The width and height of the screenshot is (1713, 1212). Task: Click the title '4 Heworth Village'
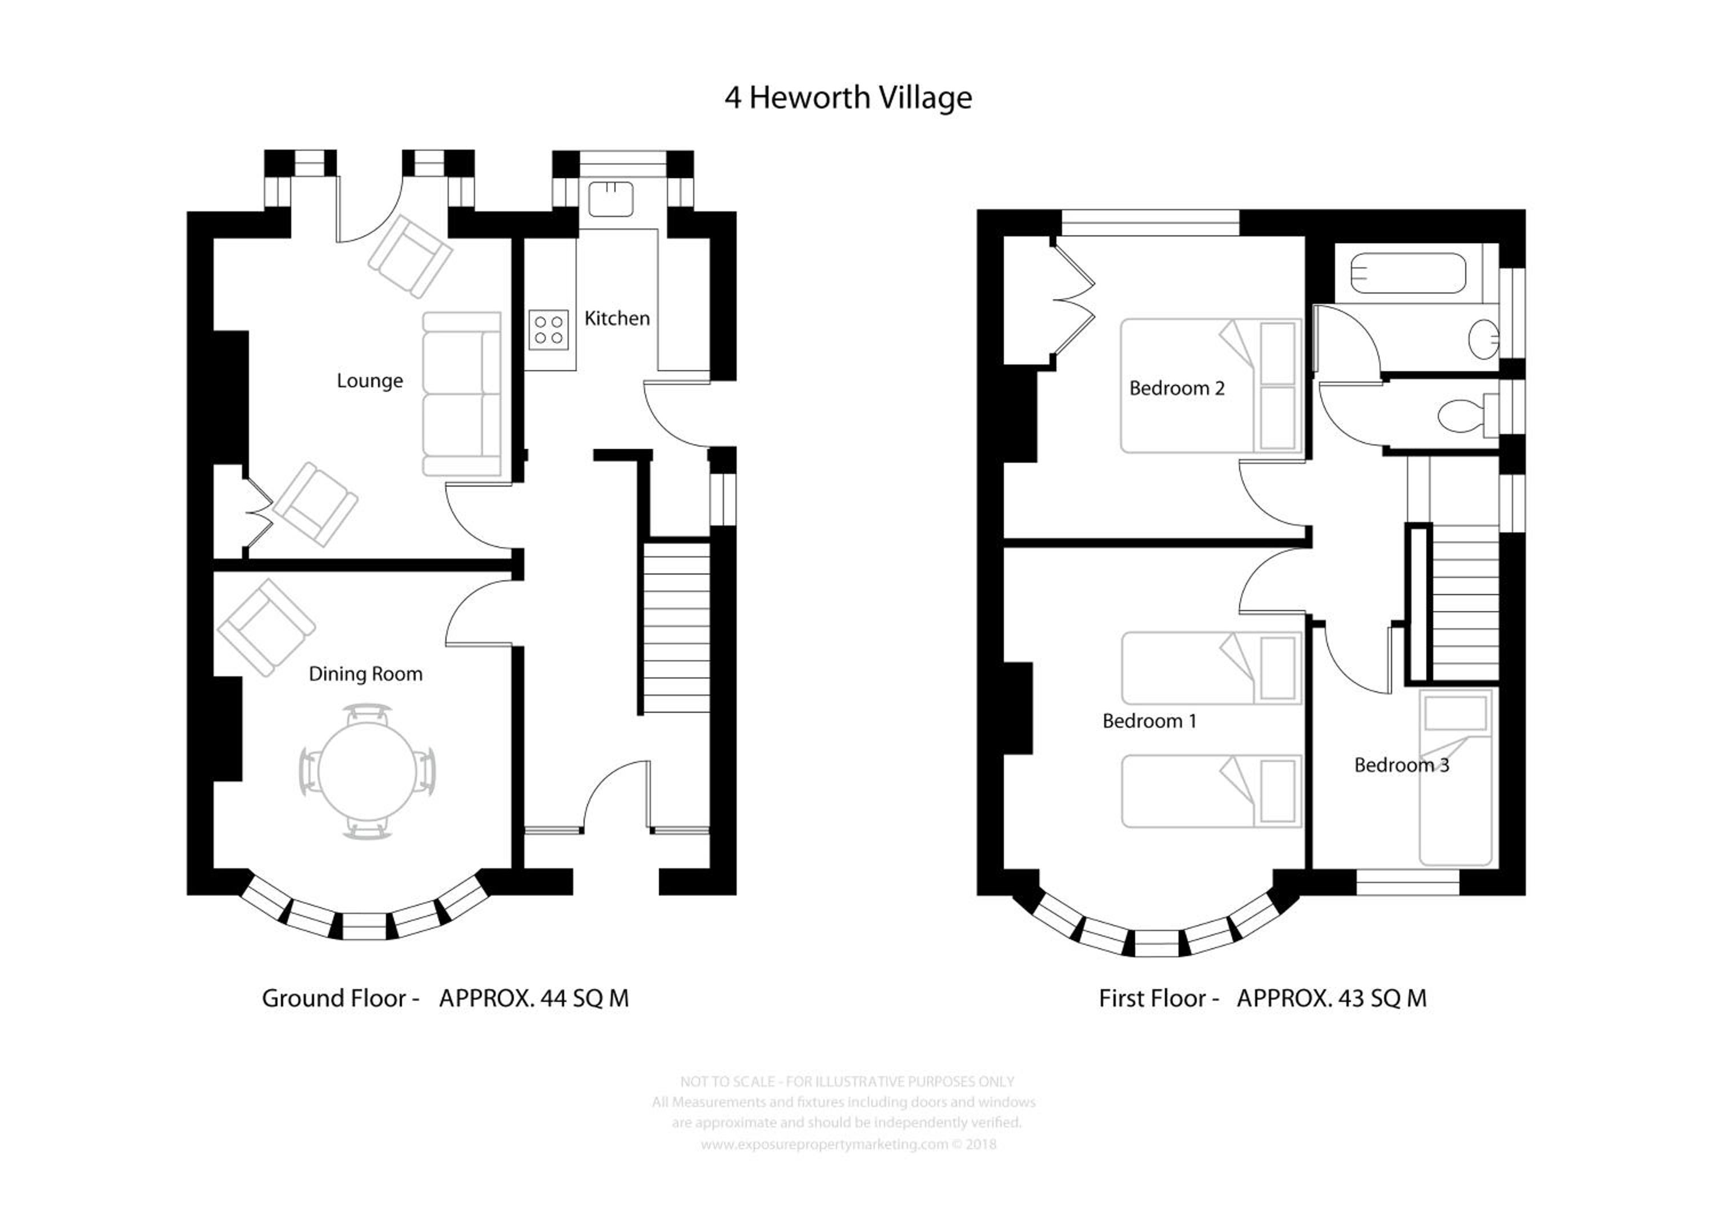pyautogui.click(x=849, y=98)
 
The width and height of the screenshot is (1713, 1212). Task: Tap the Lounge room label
pyautogui.click(x=369, y=382)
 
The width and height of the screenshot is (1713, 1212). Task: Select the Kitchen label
pyautogui.click(x=617, y=319)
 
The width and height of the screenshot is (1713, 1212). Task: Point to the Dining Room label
pyautogui.click(x=365, y=674)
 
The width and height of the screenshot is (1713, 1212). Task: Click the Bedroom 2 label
pyautogui.click(x=1177, y=388)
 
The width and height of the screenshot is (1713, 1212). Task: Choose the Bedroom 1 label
pyautogui.click(x=1150, y=721)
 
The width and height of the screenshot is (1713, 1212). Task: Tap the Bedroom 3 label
pyautogui.click(x=1401, y=765)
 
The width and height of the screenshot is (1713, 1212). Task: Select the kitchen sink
pyautogui.click(x=610, y=199)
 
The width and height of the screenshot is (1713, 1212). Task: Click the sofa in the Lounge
pyautogui.click(x=462, y=394)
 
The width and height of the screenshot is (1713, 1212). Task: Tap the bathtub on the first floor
pyautogui.click(x=1408, y=273)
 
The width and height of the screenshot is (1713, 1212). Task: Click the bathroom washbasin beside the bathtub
pyautogui.click(x=1484, y=340)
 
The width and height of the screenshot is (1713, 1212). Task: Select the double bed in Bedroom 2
pyautogui.click(x=1211, y=386)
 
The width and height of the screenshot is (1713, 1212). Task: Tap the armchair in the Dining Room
pyautogui.click(x=266, y=628)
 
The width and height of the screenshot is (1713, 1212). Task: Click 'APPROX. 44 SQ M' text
pyautogui.click(x=534, y=998)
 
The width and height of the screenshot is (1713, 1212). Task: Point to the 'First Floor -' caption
pyautogui.click(x=1159, y=998)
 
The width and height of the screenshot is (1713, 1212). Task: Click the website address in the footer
pyautogui.click(x=825, y=1144)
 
